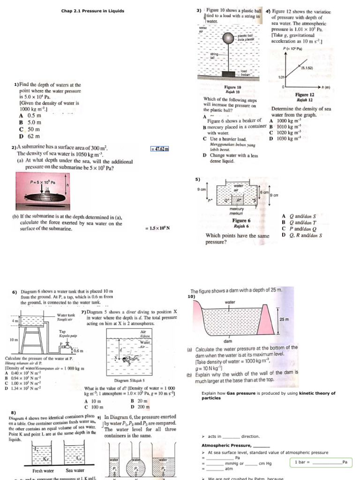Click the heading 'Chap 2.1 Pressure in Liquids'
pyautogui.click(x=93, y=11)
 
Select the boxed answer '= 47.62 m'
pyautogui.click(x=159, y=149)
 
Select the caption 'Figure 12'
pyautogui.click(x=304, y=95)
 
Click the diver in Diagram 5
pyautogui.click(x=126, y=360)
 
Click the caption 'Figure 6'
pyautogui.click(x=241, y=220)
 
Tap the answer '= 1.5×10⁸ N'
pyautogui.click(x=157, y=228)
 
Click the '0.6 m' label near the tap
pyautogui.click(x=78, y=350)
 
